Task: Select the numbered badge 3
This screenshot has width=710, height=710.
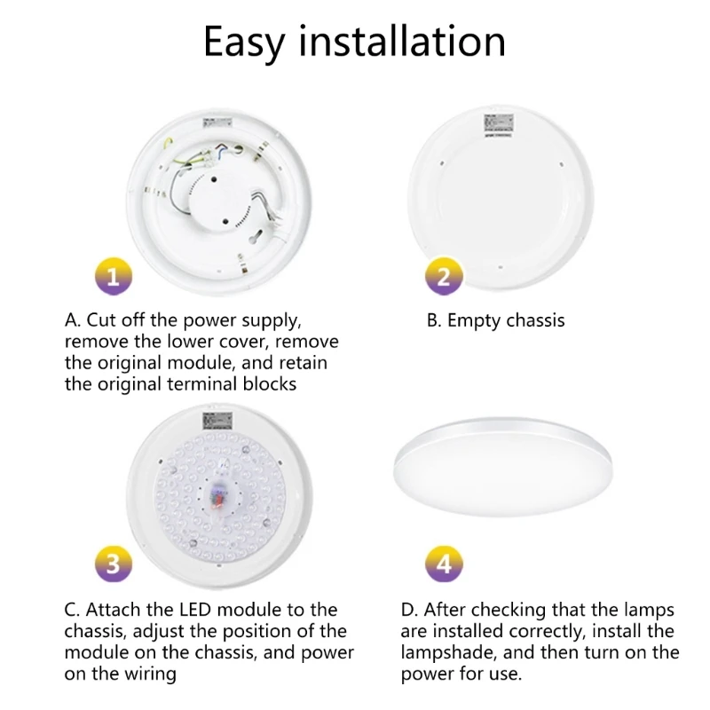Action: pos(113,563)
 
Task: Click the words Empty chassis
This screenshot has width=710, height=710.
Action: pos(506,320)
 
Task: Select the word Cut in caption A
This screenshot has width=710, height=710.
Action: pos(101,320)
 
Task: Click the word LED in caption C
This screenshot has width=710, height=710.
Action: pos(201,610)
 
